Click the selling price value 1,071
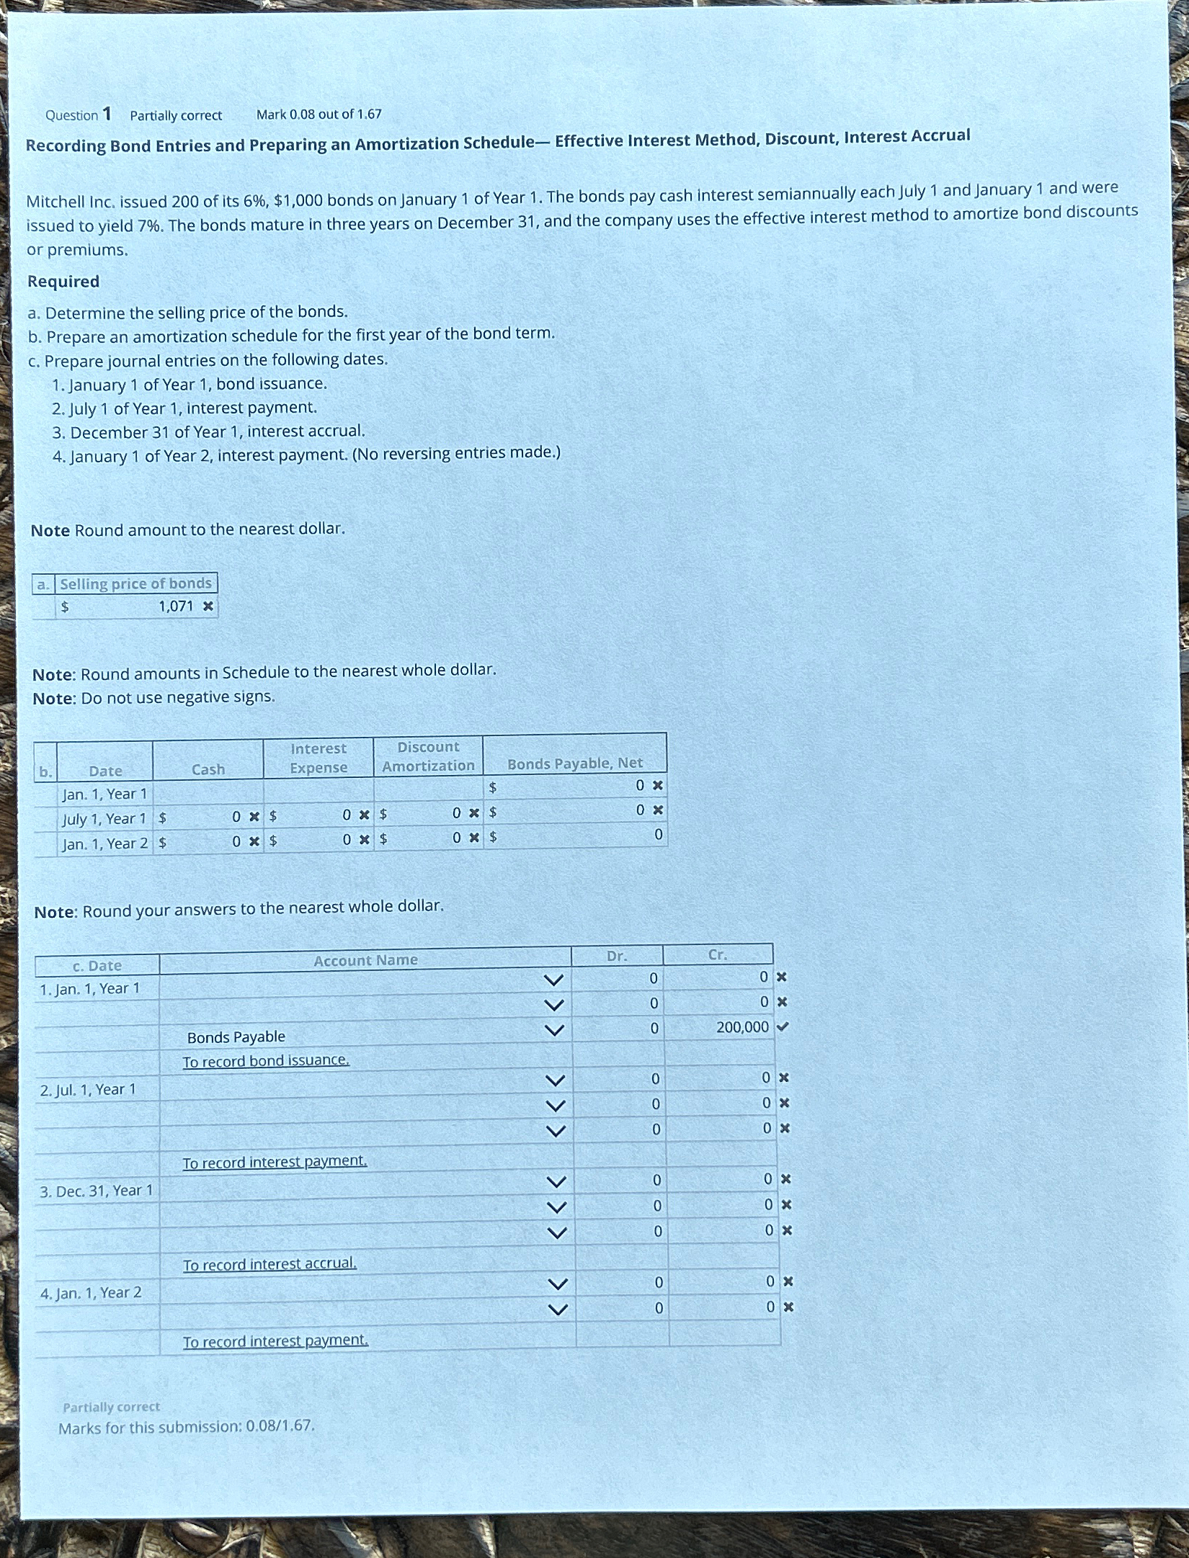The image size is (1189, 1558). point(176,606)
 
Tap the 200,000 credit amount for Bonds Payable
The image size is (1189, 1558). point(742,1027)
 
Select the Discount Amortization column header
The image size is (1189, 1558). point(428,756)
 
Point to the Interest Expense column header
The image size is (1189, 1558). point(319,758)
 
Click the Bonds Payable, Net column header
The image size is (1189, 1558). point(575,763)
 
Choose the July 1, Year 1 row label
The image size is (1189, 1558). point(104,819)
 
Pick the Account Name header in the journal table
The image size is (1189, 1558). point(365,960)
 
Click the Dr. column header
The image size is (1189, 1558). point(616,956)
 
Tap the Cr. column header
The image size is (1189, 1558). point(717,954)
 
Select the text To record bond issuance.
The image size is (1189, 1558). point(266,1060)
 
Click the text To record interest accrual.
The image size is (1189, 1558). point(270,1264)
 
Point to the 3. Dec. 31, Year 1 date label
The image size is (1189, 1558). point(96,1191)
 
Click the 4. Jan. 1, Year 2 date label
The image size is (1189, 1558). point(91,1293)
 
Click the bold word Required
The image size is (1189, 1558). point(63,282)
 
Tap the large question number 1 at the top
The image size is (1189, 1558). point(107,114)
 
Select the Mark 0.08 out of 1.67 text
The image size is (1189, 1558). point(319,114)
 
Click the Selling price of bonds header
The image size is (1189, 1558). point(135,583)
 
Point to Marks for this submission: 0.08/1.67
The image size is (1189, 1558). point(187,1427)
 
